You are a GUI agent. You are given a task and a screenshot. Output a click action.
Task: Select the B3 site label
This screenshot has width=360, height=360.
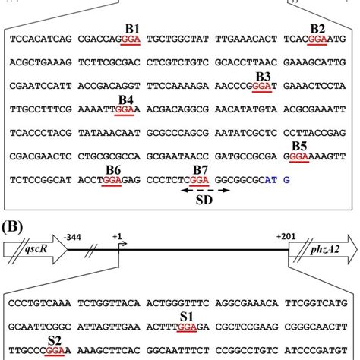tap(263, 76)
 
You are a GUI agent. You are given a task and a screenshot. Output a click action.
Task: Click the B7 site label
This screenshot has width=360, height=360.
tap(201, 169)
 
